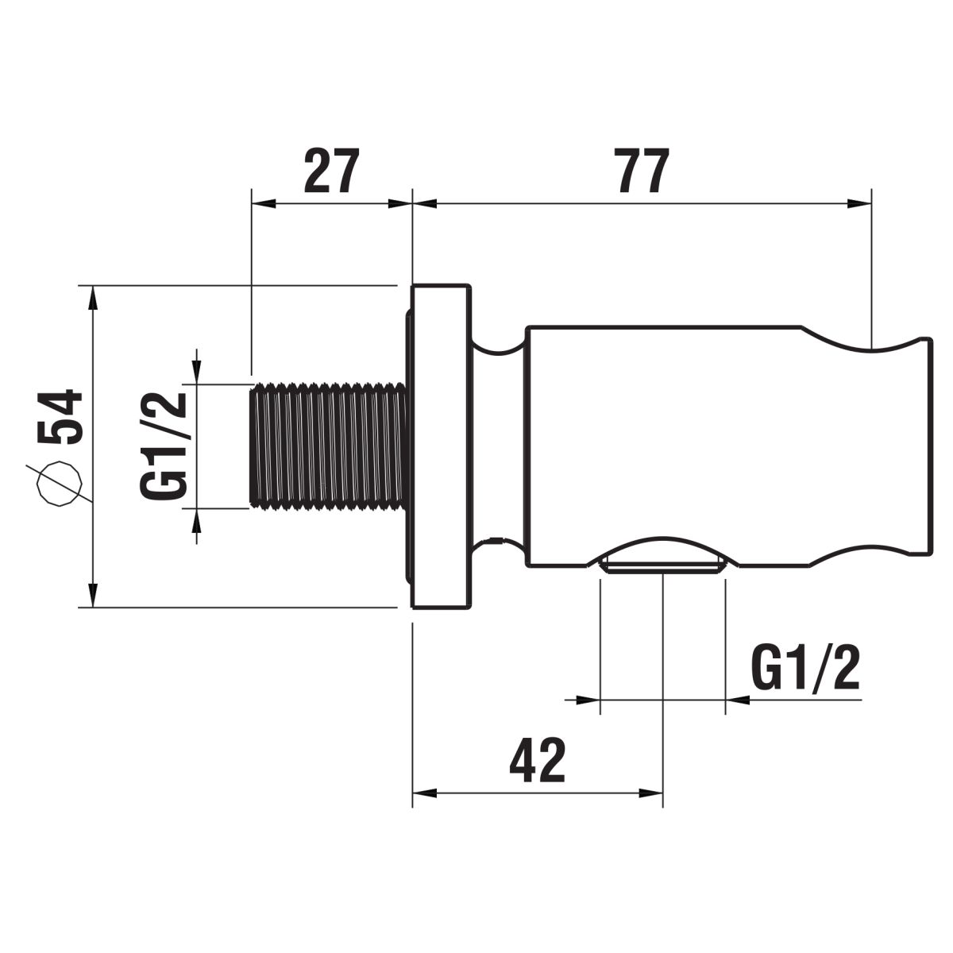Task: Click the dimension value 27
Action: tap(330, 171)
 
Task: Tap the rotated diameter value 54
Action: tap(60, 417)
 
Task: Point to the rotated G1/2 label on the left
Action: tap(164, 445)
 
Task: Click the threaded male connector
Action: tap(330, 445)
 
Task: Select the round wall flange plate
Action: tap(441, 446)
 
